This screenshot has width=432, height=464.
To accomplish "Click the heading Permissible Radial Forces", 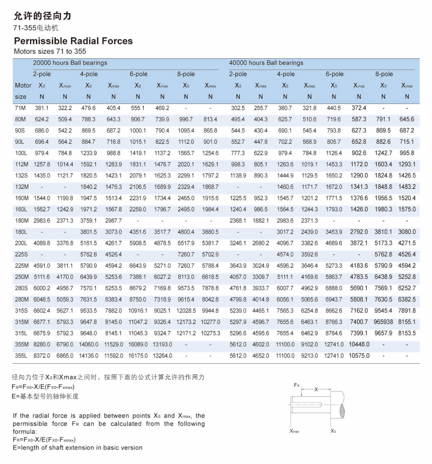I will [x=73, y=41].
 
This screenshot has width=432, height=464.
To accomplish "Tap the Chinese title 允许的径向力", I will [x=42, y=16].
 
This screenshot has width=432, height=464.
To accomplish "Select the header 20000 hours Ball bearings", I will [x=70, y=63].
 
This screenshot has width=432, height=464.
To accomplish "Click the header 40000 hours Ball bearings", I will [x=266, y=63].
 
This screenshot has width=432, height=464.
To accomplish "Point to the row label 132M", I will [x=21, y=187].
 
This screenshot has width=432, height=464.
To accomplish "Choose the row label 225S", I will [x=21, y=254].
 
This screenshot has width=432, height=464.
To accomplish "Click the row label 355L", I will [x=21, y=356].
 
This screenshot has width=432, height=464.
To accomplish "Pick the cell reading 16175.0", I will [x=138, y=356].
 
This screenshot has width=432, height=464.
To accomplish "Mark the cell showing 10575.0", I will [x=359, y=356].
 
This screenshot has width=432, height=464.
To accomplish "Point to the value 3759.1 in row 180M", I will [x=88, y=220].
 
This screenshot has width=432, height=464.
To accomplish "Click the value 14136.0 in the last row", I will [x=89, y=356].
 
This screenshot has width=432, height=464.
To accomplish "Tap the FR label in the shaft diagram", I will [x=297, y=384].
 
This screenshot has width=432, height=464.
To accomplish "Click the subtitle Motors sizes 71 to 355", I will [x=50, y=51].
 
